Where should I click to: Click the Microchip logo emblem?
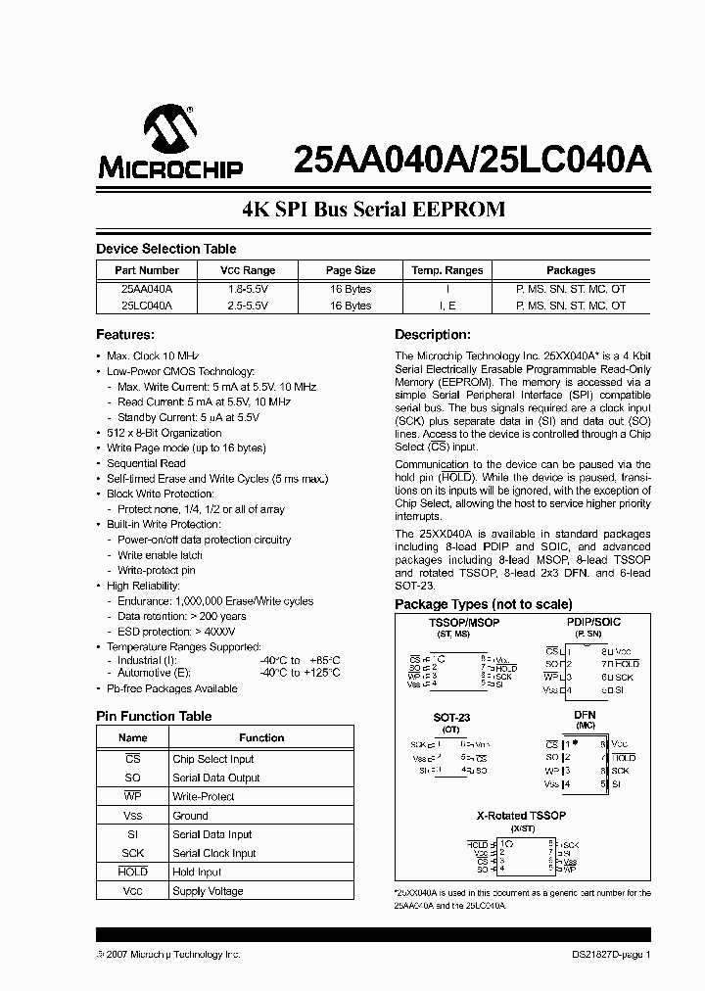pyautogui.click(x=170, y=132)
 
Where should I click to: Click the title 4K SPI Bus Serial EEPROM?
pyautogui.click(x=373, y=210)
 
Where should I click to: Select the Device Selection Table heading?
pyautogui.click(x=165, y=249)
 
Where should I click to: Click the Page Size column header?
pyautogui.click(x=351, y=270)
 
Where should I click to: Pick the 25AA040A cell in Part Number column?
pyautogui.click(x=147, y=289)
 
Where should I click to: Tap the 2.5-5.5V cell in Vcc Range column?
pyautogui.click(x=247, y=306)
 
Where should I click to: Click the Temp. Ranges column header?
pyautogui.click(x=446, y=270)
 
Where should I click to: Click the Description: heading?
pyautogui.click(x=433, y=334)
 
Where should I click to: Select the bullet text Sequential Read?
pyautogui.click(x=146, y=463)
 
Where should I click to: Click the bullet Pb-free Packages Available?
pyautogui.click(x=172, y=688)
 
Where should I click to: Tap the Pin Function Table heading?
pyautogui.click(x=154, y=716)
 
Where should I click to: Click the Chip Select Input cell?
pyautogui.click(x=212, y=759)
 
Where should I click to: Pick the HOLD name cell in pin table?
pyautogui.click(x=133, y=872)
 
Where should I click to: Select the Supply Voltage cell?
pyautogui.click(x=209, y=891)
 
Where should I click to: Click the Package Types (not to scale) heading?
pyautogui.click(x=484, y=604)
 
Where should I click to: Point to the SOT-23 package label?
pyautogui.click(x=450, y=718)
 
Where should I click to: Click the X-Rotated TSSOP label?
pyautogui.click(x=521, y=815)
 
